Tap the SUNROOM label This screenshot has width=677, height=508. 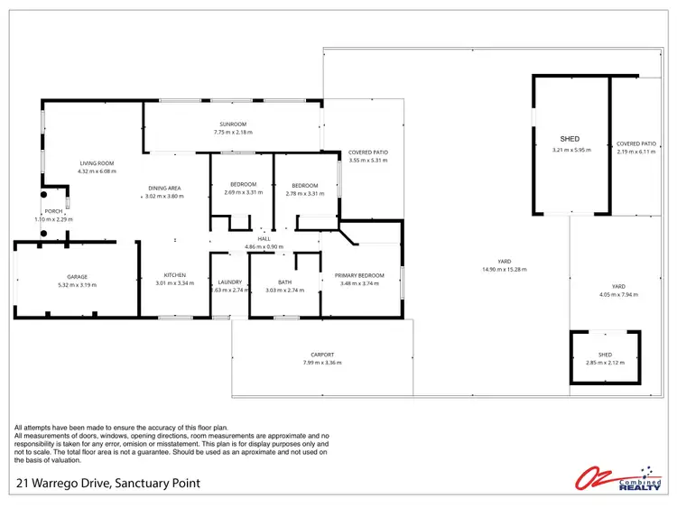click(232, 124)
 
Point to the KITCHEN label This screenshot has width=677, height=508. click(174, 275)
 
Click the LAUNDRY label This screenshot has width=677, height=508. click(230, 282)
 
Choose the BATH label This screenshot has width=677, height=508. click(284, 282)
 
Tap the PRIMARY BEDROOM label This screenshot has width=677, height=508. click(359, 275)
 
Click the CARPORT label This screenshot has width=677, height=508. click(322, 355)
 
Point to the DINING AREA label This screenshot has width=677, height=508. click(165, 188)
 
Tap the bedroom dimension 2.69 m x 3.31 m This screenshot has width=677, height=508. click(243, 192)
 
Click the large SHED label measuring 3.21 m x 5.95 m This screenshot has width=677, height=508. click(570, 139)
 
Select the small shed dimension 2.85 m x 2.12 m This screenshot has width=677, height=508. click(605, 362)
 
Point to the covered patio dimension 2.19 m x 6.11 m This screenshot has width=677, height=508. click(636, 152)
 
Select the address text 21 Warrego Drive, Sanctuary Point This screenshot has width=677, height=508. click(108, 485)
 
